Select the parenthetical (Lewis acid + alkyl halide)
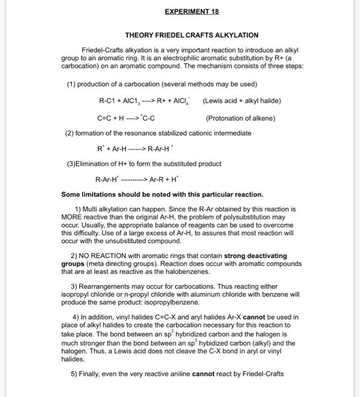click(x=241, y=100)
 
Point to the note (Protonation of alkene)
click(x=240, y=118)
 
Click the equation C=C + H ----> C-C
click(x=127, y=118)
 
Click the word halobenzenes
click(x=185, y=272)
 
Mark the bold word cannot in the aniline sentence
click(x=203, y=374)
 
